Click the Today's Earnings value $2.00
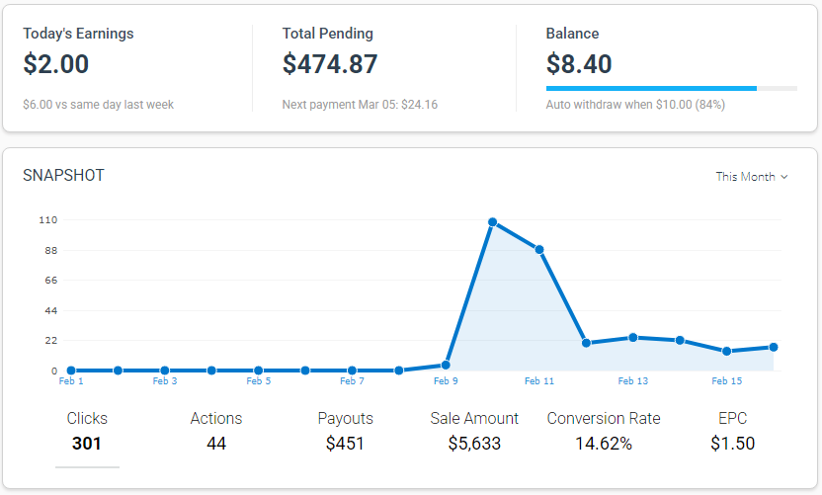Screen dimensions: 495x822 [56, 65]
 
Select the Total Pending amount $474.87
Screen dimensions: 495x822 [330, 65]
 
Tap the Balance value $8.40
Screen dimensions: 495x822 [579, 65]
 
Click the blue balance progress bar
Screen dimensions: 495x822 [651, 89]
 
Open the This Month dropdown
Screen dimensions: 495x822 [752, 177]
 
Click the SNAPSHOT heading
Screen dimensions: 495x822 [63, 176]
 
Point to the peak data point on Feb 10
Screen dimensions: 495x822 [492, 222]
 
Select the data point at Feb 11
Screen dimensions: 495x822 [539, 250]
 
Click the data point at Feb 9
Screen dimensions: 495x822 [446, 365]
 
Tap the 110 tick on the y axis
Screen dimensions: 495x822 [47, 219]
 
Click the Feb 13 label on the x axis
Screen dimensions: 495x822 [633, 381]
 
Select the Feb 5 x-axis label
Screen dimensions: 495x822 [258, 381]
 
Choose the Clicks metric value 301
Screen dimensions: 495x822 [87, 444]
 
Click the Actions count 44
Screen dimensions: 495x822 [216, 444]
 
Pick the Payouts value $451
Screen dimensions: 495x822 [345, 444]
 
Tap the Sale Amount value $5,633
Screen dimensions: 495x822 [474, 444]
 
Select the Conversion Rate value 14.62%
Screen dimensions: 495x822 [604, 444]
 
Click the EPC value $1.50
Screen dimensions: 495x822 [732, 444]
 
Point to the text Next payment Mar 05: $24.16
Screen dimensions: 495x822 [360, 105]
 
